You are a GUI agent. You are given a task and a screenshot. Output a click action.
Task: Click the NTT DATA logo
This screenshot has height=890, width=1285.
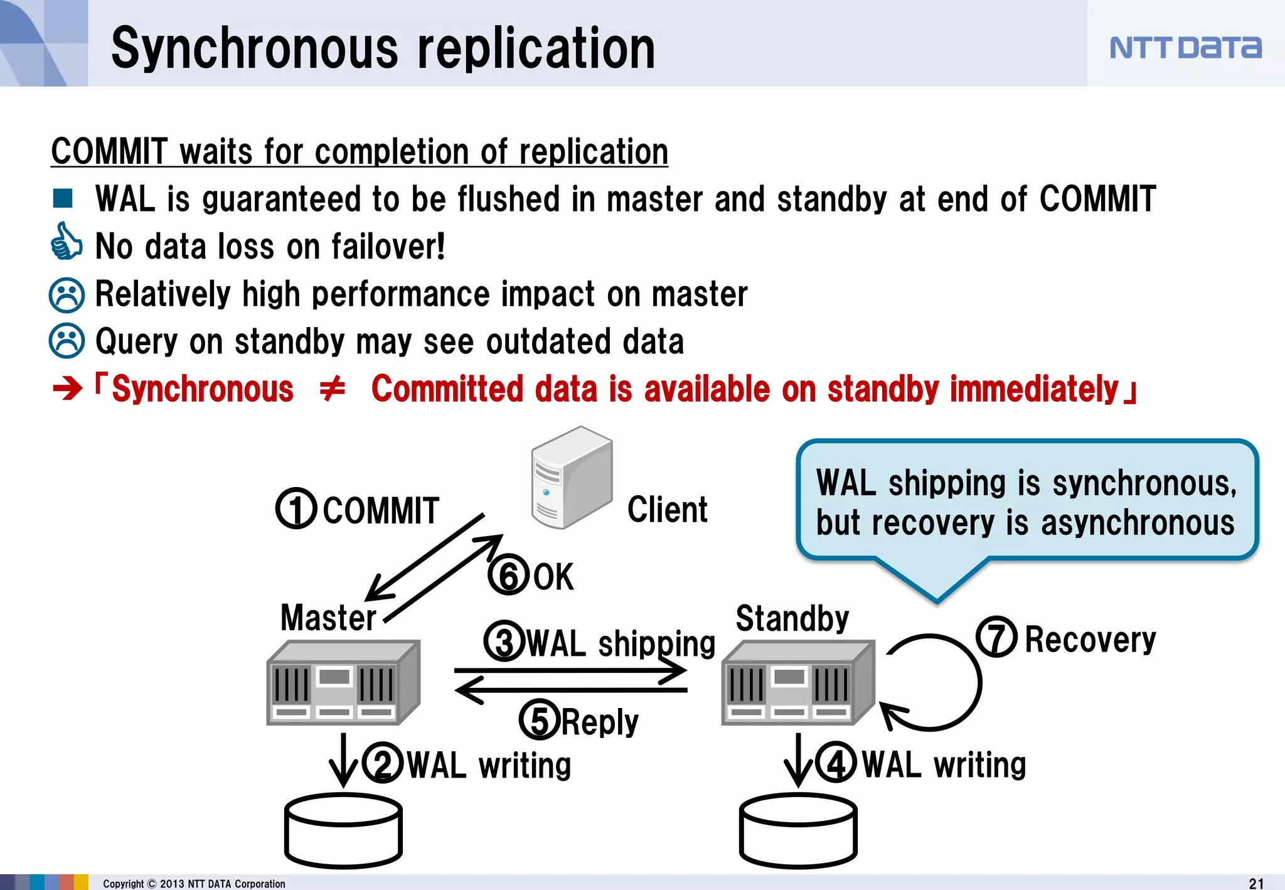[x=1185, y=48]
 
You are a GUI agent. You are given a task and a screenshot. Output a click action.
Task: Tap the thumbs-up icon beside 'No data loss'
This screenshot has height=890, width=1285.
[x=66, y=242]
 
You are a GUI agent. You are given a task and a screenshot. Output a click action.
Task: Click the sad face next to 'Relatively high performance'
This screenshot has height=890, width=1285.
[x=67, y=294]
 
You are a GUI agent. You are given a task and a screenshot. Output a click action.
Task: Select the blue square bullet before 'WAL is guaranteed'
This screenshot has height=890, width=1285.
[x=63, y=198]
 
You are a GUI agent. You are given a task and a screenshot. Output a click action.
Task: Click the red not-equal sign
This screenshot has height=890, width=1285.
[x=332, y=389]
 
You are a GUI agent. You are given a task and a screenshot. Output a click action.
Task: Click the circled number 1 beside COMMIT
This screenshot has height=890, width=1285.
[x=296, y=508]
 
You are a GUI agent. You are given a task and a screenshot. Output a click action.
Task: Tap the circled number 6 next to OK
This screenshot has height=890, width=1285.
[x=508, y=574]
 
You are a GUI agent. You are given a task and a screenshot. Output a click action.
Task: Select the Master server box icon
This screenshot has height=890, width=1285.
[x=343, y=682]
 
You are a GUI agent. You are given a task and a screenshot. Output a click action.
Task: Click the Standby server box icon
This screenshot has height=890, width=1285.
[x=797, y=682]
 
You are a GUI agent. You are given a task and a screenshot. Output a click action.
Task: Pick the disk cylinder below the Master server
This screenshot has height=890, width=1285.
[x=343, y=830]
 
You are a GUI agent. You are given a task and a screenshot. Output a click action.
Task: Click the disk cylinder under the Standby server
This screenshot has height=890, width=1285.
[x=798, y=830]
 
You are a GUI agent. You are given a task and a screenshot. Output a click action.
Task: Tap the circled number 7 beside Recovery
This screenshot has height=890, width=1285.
[x=996, y=637]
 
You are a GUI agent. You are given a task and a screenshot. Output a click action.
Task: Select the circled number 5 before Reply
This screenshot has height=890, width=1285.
[x=539, y=720]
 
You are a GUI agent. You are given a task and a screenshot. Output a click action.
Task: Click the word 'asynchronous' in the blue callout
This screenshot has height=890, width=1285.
[x=1137, y=523]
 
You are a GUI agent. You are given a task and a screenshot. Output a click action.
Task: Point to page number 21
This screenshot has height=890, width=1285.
[x=1256, y=883]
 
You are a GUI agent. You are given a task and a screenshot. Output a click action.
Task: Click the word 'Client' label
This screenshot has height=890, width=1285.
[x=667, y=509]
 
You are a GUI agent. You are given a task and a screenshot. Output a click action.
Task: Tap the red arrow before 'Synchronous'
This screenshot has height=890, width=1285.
[x=68, y=389]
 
